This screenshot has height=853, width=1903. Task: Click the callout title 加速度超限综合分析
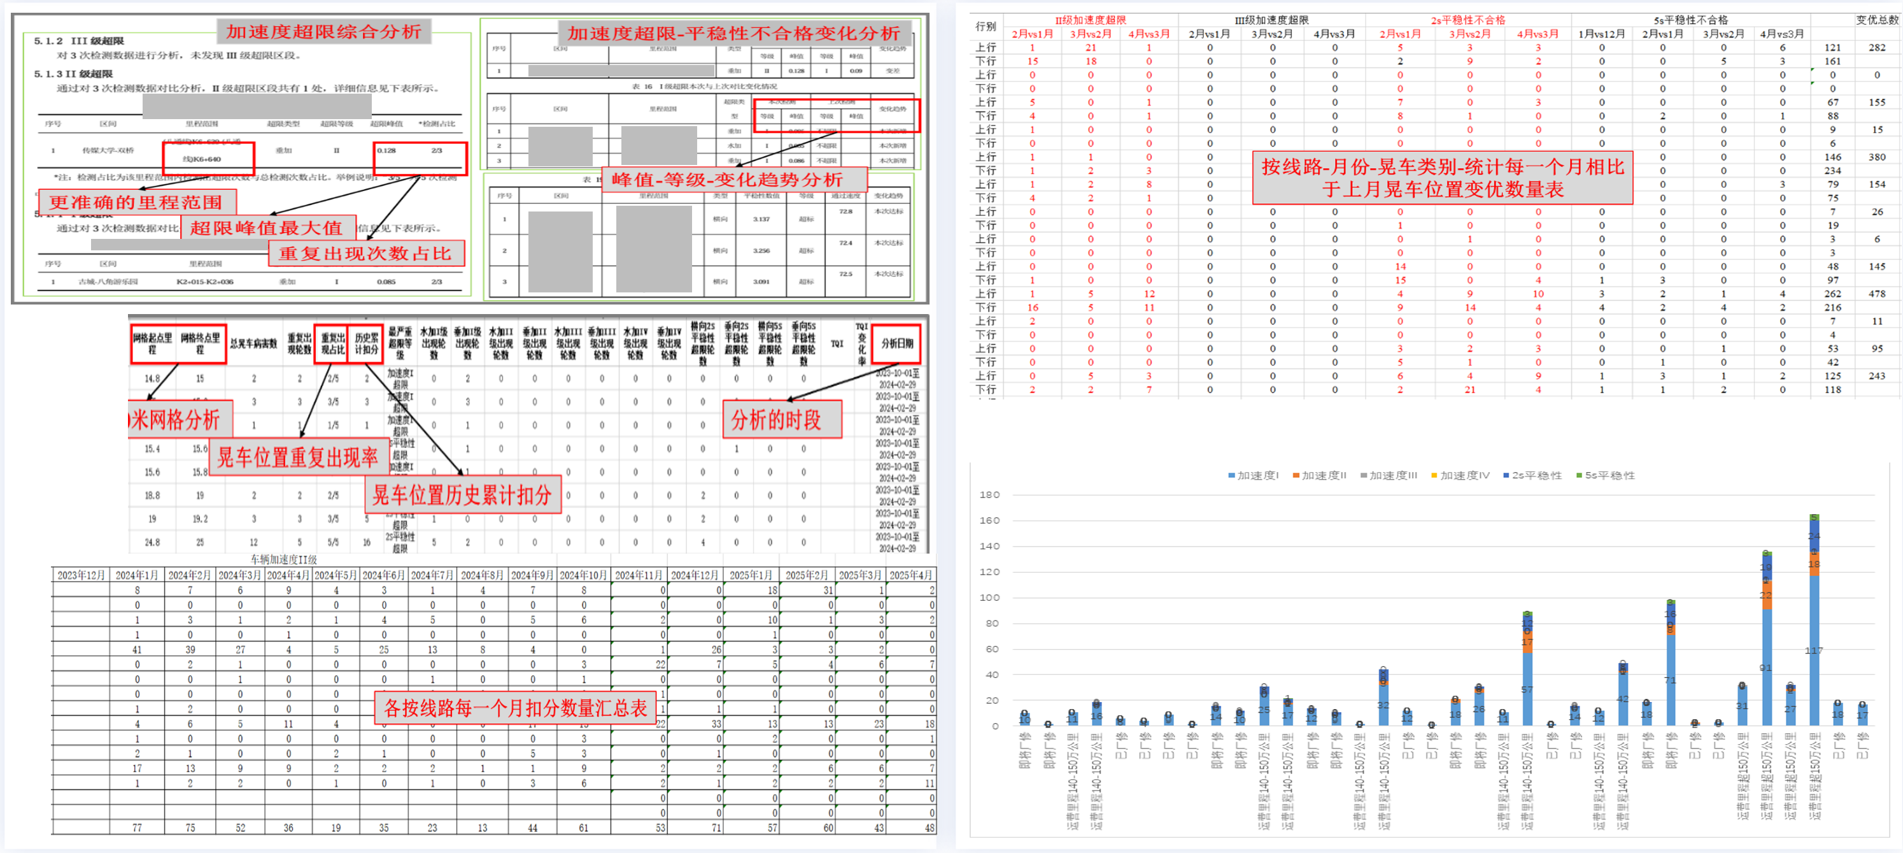[x=323, y=32]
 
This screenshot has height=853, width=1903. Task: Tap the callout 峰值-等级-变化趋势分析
[x=727, y=180]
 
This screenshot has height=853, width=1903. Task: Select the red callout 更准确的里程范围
[x=136, y=202]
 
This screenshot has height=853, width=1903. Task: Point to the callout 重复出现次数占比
[x=365, y=254]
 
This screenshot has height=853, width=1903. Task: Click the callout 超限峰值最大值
[x=266, y=227]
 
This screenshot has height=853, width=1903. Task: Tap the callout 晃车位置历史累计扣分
[x=462, y=495]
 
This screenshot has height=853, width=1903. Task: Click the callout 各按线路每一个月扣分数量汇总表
[x=515, y=708]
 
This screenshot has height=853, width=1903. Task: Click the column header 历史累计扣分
[x=365, y=344]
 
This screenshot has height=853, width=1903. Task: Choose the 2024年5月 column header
[x=336, y=575]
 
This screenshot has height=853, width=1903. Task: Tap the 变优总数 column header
[x=1876, y=20]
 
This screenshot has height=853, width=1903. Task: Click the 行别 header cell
[x=986, y=27]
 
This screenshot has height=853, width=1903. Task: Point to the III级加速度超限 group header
[x=1271, y=20]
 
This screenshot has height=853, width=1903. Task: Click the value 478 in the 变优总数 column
[x=1877, y=294]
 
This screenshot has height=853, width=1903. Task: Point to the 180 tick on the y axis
[x=989, y=494]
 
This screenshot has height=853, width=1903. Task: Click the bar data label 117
[x=1814, y=650]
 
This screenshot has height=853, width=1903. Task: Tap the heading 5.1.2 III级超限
[x=79, y=41]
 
